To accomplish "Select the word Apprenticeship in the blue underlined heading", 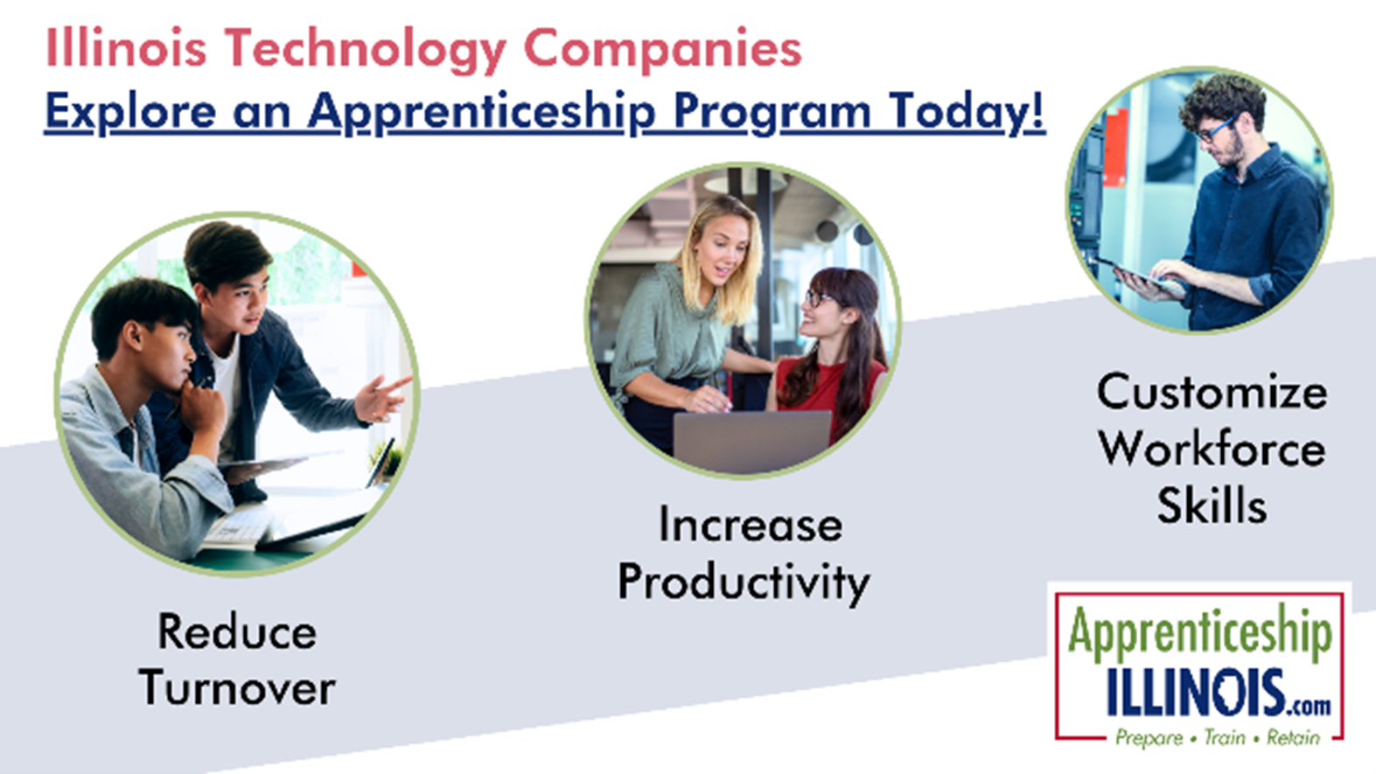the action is pos(482,113).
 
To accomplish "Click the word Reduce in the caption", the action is pos(237,631).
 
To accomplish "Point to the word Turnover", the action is pos(237,687).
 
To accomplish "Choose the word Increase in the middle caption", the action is pos(750,526).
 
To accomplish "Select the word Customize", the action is pos(1212,392).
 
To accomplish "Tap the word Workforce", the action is pos(1212,449).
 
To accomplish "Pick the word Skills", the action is pos(1212,505).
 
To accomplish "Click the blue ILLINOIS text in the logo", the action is pos(1197,693).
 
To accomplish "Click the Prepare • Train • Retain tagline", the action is pos(1218,737).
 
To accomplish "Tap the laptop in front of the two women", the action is pos(752,441).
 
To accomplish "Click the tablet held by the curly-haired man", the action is pos(1140,275).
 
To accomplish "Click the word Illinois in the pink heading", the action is pos(127,48).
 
